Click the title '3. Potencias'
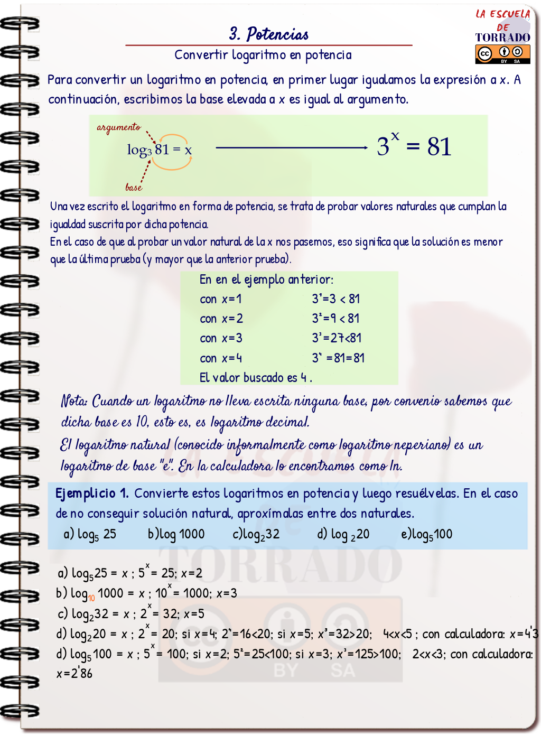[x=269, y=34]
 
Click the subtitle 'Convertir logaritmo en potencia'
[x=263, y=55]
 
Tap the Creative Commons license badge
[x=502, y=54]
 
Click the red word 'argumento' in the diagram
[x=119, y=127]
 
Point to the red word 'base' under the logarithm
[x=134, y=187]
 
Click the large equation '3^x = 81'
[x=414, y=146]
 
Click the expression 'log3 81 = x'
[x=159, y=150]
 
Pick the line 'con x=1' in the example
[x=221, y=299]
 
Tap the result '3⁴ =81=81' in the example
[x=338, y=358]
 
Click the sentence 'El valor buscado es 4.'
[x=256, y=378]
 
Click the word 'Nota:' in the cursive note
[x=74, y=401]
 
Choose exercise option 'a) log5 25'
[x=90, y=534]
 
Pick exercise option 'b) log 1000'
[x=176, y=534]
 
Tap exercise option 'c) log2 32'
[x=256, y=534]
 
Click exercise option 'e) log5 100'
[x=427, y=534]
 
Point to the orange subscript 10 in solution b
[x=91, y=598]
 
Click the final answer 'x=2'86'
[x=74, y=674]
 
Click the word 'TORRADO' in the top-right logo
[x=502, y=38]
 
